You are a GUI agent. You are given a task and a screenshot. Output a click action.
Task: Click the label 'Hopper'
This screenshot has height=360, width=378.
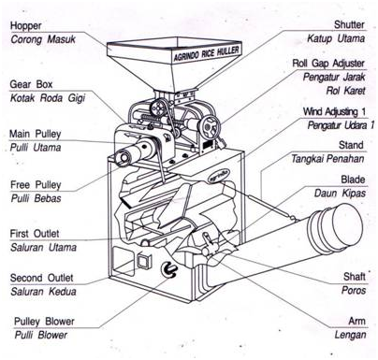[25, 26]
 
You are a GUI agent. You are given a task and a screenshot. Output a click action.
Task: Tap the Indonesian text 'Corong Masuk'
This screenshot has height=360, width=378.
[43, 39]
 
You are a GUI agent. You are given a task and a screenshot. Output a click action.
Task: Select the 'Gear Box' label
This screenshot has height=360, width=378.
[31, 84]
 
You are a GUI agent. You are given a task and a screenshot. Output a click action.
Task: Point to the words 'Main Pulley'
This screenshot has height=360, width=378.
[35, 134]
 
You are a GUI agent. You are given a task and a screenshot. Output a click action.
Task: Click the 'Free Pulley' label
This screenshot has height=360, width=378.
[36, 184]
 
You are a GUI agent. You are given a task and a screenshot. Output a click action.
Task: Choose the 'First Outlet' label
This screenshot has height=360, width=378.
[35, 234]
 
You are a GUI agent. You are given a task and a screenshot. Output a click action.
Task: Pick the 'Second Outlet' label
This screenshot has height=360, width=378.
[41, 278]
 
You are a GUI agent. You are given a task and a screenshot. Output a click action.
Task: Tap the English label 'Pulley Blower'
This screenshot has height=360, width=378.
[44, 322]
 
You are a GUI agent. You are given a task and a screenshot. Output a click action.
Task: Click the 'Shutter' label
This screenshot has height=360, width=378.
[349, 24]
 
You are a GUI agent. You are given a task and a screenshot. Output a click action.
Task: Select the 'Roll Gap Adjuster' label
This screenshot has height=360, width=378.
[328, 64]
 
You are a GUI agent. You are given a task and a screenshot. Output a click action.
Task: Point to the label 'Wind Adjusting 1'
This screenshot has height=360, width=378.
[335, 111]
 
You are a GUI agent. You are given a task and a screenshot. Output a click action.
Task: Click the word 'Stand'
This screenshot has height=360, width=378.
[351, 145]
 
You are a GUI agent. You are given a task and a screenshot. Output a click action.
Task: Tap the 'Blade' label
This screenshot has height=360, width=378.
[353, 180]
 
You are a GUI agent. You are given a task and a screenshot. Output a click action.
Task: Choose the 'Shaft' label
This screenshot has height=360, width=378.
[355, 276]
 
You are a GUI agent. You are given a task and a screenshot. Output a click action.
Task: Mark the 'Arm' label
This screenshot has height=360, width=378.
[357, 321]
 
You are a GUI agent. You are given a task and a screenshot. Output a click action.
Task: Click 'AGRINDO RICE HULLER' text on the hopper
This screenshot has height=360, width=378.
[206, 53]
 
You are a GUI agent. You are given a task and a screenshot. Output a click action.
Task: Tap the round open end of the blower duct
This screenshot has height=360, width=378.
[347, 224]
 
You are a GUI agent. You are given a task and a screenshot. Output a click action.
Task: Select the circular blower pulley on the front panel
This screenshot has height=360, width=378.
[168, 268]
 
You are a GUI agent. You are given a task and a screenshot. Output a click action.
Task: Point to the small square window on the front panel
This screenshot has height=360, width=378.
[144, 261]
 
